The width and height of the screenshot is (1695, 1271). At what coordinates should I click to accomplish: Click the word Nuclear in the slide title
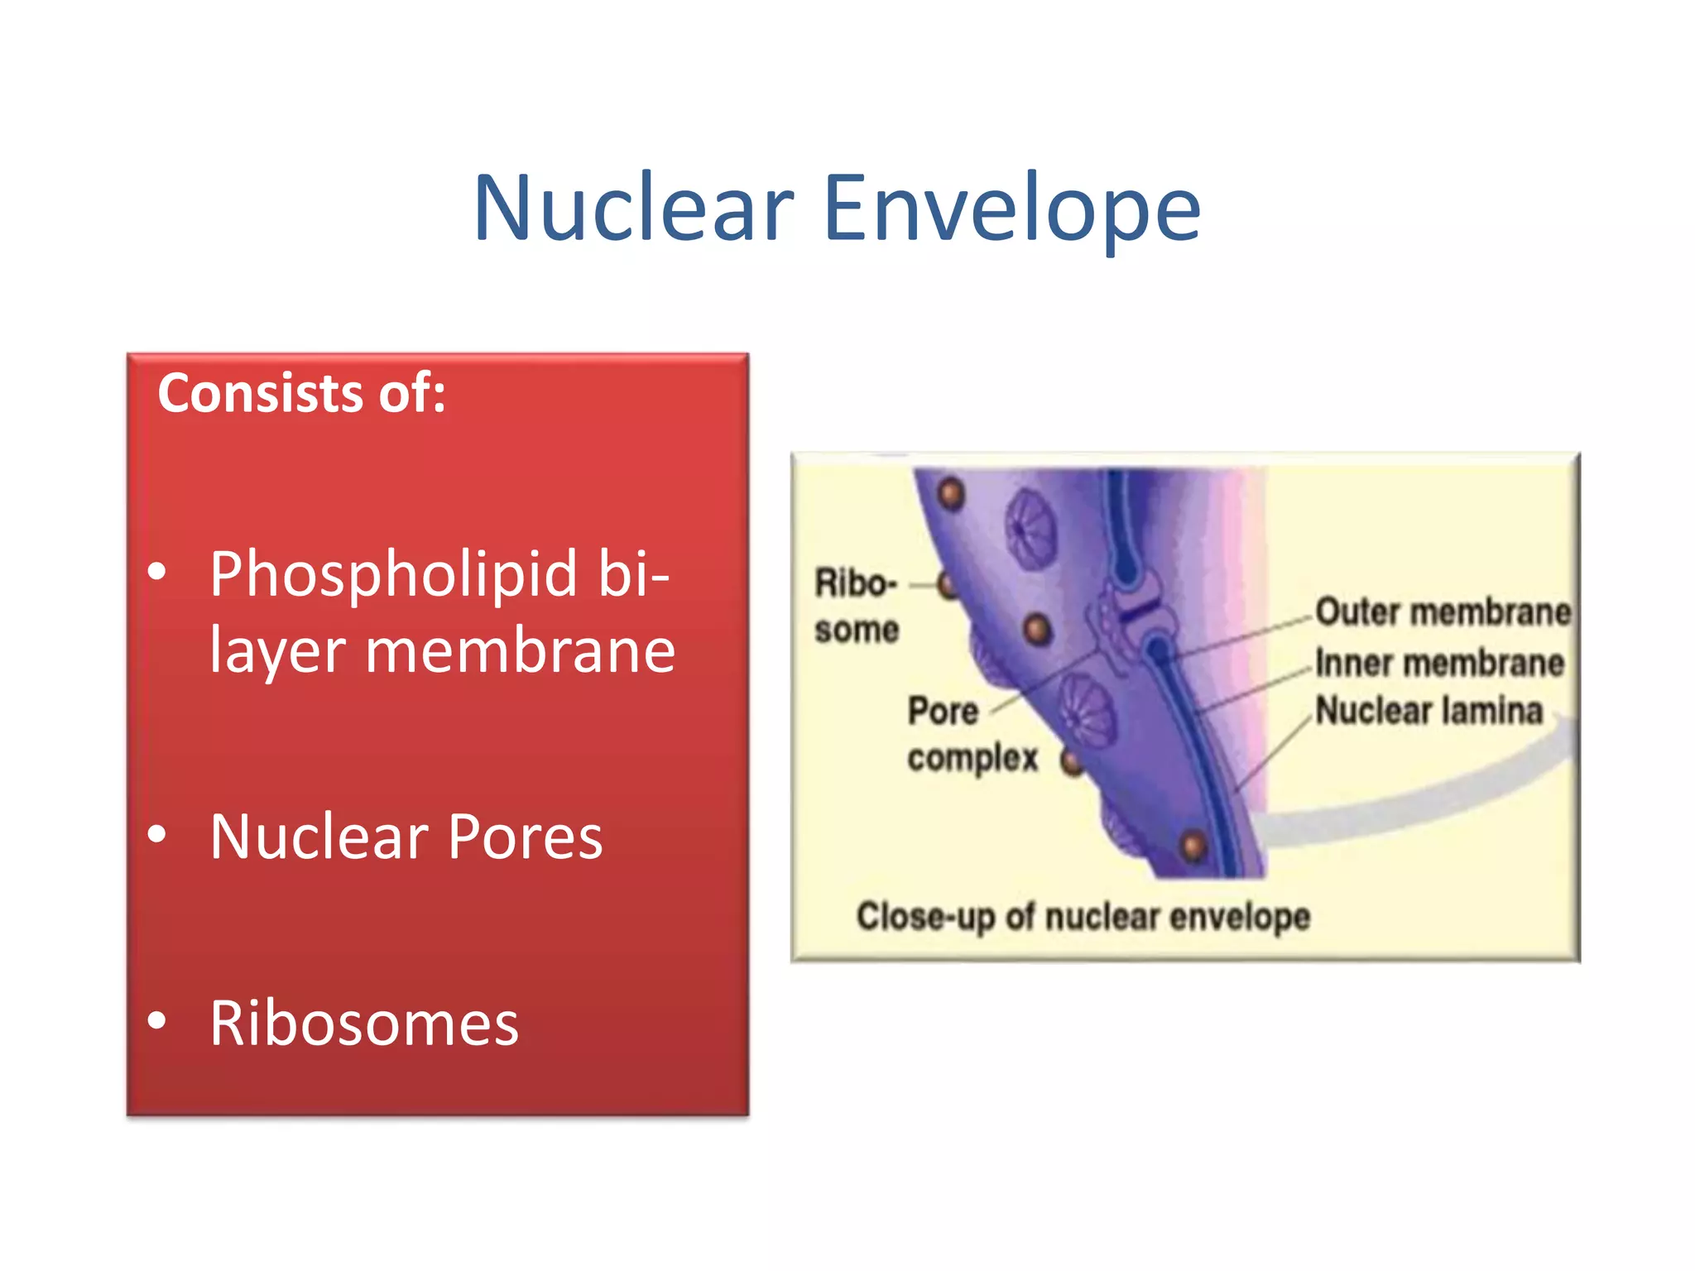[x=633, y=209]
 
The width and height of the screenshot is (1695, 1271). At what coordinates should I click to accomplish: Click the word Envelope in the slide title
[x=1011, y=209]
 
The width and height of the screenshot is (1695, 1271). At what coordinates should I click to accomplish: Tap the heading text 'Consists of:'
[x=301, y=393]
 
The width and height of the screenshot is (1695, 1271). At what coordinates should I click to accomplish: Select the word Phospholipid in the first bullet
[x=393, y=575]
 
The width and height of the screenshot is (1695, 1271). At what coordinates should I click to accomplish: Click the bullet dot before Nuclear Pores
[x=156, y=834]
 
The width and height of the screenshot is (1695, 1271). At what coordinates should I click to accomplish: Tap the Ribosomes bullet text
[x=364, y=1024]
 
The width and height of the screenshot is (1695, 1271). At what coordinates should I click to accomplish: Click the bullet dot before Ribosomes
[x=156, y=1021]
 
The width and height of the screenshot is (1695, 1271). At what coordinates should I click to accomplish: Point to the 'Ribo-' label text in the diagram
[x=855, y=583]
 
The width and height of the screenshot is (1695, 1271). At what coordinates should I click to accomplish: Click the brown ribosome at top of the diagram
[x=952, y=494]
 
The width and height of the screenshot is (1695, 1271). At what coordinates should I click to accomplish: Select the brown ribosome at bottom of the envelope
[x=1193, y=847]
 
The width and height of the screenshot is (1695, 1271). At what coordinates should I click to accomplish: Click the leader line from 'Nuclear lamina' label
[x=1275, y=753]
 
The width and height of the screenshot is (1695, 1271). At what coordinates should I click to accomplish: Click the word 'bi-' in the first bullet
[x=633, y=575]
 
